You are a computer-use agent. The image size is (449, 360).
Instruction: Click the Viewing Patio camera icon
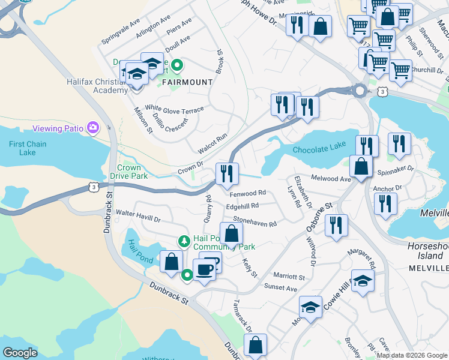(x=92, y=127)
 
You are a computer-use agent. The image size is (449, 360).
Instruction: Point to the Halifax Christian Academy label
(x=101, y=85)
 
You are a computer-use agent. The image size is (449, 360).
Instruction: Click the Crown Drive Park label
(x=129, y=172)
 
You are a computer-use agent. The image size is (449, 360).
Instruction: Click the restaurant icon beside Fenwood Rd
(x=227, y=174)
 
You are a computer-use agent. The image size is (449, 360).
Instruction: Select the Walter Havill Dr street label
(x=139, y=217)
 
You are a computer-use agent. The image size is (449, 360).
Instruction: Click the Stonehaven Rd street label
(x=255, y=222)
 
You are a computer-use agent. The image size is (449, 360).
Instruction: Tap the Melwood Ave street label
(x=330, y=179)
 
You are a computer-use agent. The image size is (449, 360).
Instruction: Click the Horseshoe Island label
(x=429, y=251)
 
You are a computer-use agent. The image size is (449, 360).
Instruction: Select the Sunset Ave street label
(x=282, y=289)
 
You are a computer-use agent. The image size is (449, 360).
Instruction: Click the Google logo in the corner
(x=20, y=352)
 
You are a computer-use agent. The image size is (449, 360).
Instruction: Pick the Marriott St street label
(x=289, y=277)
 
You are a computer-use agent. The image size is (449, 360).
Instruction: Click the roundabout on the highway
(x=360, y=91)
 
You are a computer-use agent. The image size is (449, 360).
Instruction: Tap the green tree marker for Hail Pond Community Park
(x=184, y=241)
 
